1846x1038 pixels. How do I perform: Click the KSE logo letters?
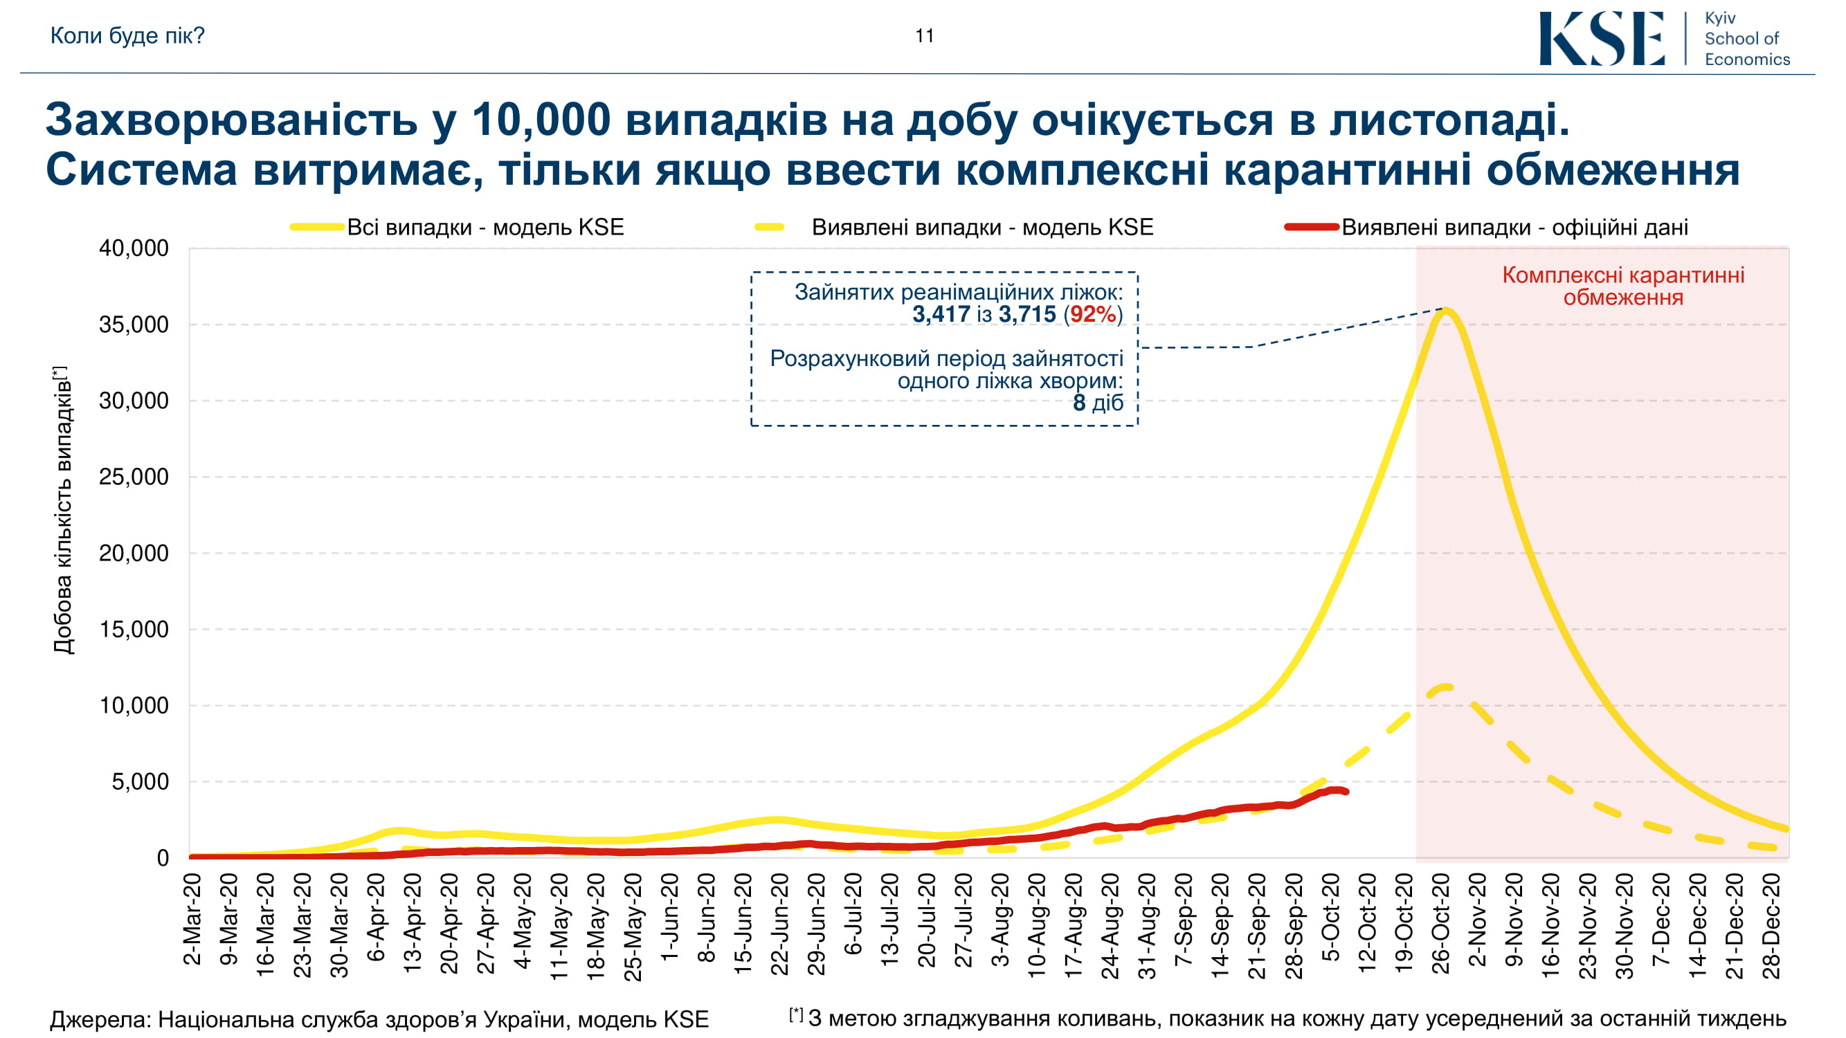click(x=1602, y=39)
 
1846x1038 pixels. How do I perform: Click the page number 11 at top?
click(x=925, y=36)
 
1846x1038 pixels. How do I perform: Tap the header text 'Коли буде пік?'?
click(x=127, y=35)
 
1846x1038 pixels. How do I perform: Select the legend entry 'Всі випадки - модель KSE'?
click(x=485, y=227)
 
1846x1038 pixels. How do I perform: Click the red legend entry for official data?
click(x=1514, y=227)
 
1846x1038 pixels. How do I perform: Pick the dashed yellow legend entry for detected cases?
click(x=981, y=227)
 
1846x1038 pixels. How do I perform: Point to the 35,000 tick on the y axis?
click(x=134, y=325)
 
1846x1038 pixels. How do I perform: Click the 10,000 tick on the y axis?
click(x=134, y=706)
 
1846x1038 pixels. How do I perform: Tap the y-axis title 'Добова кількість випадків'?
click(x=63, y=510)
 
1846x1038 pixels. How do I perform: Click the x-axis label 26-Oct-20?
click(x=1440, y=924)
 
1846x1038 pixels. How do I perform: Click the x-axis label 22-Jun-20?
click(x=779, y=924)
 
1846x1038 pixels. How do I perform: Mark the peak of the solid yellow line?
click(x=1447, y=310)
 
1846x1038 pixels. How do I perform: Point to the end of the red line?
click(x=1347, y=792)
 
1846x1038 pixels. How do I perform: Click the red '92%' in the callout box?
click(x=1092, y=313)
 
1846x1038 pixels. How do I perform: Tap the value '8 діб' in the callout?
click(x=1097, y=403)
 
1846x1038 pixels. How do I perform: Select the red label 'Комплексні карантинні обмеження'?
click(x=1623, y=286)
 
